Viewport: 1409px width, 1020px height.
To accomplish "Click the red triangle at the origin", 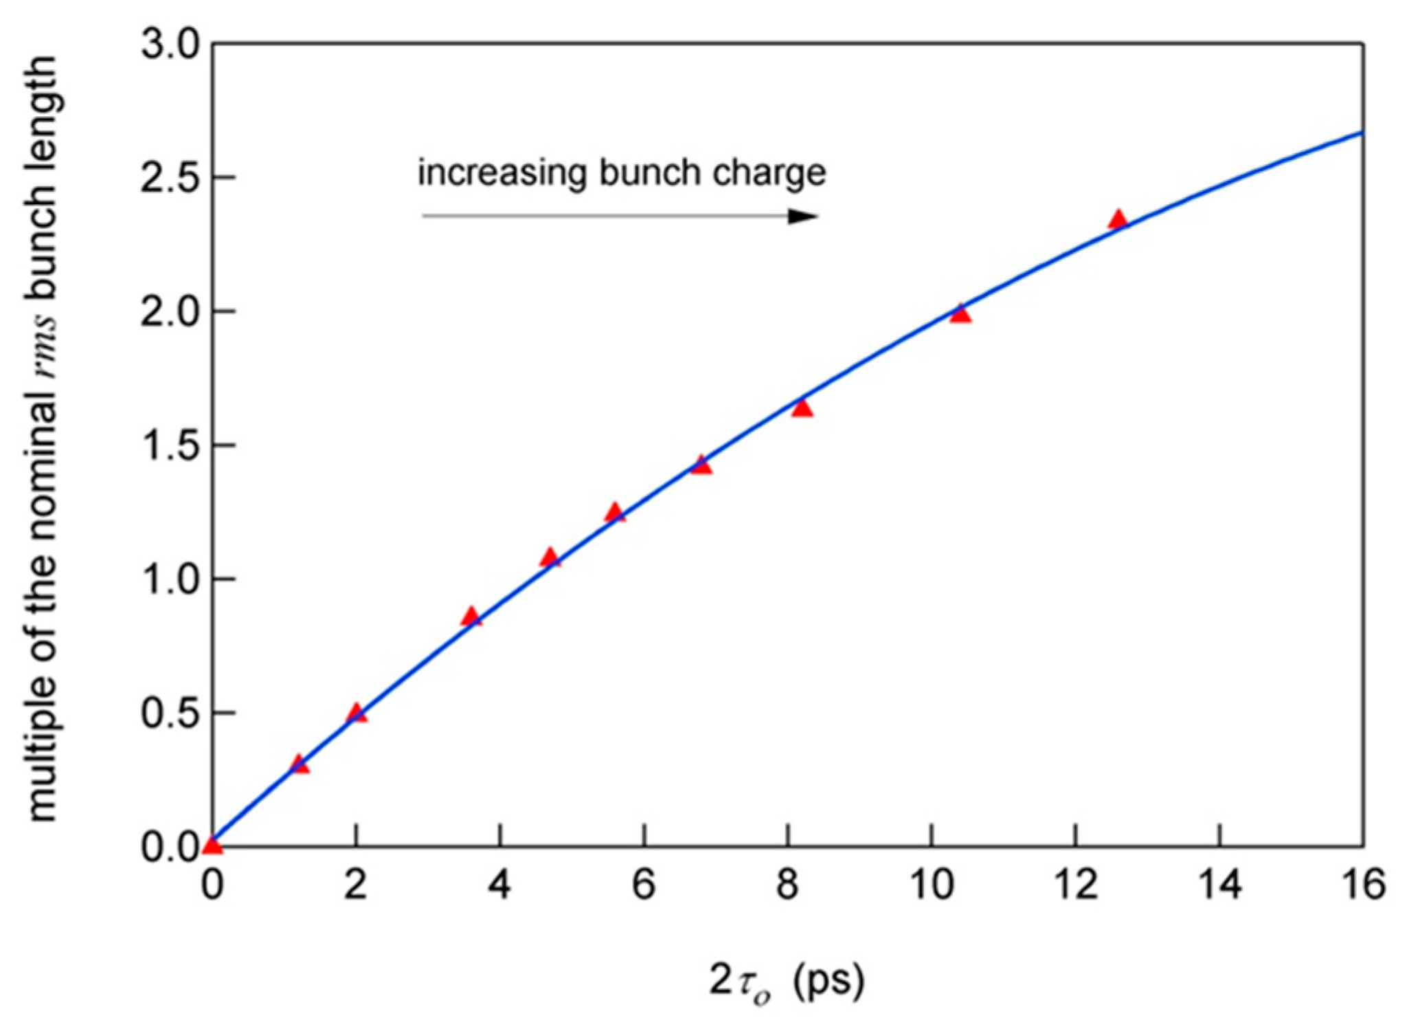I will click(213, 844).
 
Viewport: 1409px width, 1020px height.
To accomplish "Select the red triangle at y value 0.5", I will click(356, 713).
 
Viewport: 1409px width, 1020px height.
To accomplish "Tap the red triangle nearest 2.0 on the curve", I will click(960, 314).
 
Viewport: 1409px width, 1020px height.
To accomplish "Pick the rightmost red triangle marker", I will click(1118, 219).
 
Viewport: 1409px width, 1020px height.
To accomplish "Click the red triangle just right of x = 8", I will click(802, 408).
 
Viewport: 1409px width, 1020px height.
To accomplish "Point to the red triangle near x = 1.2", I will click(299, 764).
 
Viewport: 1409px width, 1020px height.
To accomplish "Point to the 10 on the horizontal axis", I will click(932, 885).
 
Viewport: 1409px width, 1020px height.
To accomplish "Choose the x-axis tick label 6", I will click(644, 885).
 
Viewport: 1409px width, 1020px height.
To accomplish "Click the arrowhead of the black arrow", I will click(804, 216).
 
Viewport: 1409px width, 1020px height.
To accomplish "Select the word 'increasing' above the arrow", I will click(502, 173).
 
